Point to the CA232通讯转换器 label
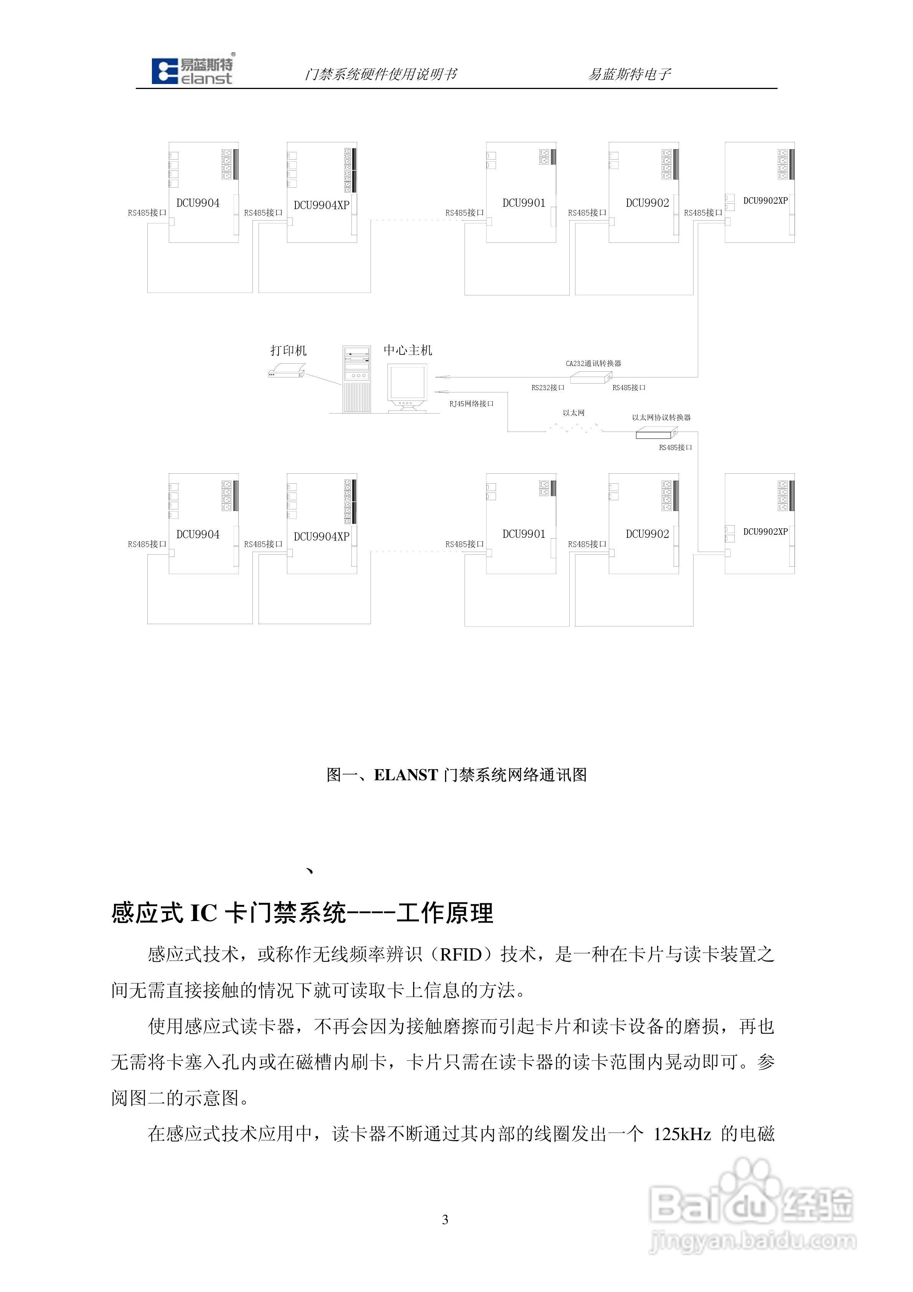pos(593,364)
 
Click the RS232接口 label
pos(548,388)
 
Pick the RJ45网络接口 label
pos(471,404)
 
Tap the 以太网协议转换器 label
pos(661,417)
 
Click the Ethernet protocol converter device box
pos(656,433)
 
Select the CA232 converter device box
pos(591,377)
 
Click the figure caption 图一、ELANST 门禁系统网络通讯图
pos(457,775)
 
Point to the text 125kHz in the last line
pos(682,1133)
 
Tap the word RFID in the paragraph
pos(460,954)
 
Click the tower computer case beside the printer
pos(356,379)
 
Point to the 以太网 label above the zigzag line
pos(574,412)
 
